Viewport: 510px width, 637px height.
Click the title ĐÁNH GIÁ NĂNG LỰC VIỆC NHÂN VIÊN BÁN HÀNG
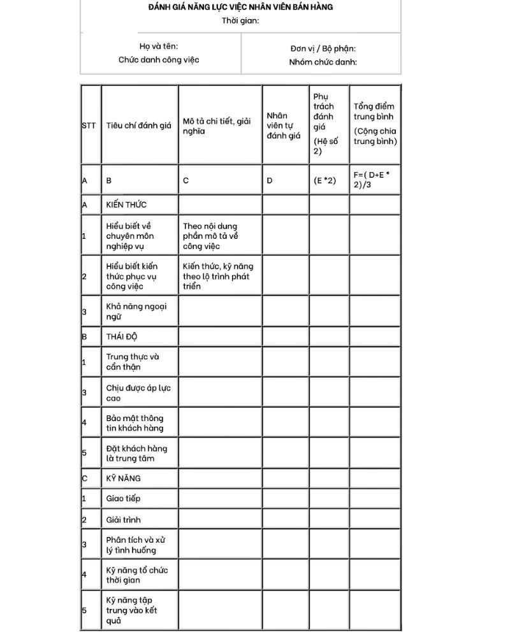(x=240, y=7)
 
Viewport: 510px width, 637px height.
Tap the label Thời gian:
(x=240, y=20)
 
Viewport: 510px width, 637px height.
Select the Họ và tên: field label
(x=159, y=46)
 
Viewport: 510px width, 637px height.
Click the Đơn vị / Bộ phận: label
(x=323, y=48)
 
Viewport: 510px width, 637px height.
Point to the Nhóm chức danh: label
(x=323, y=62)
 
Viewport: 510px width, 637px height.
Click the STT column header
(x=89, y=125)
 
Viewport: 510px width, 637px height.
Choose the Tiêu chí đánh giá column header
(x=139, y=125)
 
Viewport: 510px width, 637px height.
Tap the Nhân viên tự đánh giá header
(x=283, y=125)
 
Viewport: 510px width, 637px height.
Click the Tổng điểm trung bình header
(x=375, y=124)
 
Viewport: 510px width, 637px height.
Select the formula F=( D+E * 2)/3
(x=372, y=180)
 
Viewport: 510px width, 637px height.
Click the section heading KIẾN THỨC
(x=126, y=204)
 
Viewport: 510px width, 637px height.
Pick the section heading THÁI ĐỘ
(x=122, y=336)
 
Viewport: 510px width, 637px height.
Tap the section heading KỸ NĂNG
(x=123, y=478)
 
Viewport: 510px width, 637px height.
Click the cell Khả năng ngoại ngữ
(x=136, y=311)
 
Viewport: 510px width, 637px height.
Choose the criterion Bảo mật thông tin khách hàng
(x=135, y=423)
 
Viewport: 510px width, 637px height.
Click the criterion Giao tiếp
(x=123, y=498)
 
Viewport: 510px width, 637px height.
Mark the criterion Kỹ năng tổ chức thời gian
(x=136, y=575)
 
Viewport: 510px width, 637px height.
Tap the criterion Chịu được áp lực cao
(x=138, y=392)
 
